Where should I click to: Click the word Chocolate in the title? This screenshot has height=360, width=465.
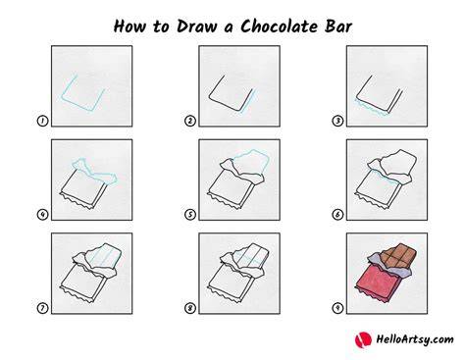coord(279,26)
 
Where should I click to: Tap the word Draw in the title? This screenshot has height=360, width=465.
coord(196,26)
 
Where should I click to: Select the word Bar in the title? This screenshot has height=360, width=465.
coord(338,26)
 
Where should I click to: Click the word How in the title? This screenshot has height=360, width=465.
coord(129,26)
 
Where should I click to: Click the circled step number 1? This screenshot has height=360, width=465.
coord(42,121)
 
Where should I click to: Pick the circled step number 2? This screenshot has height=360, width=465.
coord(190,121)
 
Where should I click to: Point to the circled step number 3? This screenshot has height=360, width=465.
coord(337,121)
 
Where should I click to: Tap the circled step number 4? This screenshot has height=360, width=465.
coord(42,215)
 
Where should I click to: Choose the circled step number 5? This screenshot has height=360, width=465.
coord(190,215)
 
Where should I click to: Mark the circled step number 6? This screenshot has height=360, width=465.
coord(337,215)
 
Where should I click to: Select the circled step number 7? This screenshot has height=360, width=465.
coord(42,308)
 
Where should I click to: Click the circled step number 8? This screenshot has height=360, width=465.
coord(190,308)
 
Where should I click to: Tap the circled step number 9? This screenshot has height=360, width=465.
coord(337,308)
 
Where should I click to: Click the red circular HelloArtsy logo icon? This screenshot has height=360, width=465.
coord(363,339)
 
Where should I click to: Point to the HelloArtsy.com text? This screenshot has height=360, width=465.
coord(415,339)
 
